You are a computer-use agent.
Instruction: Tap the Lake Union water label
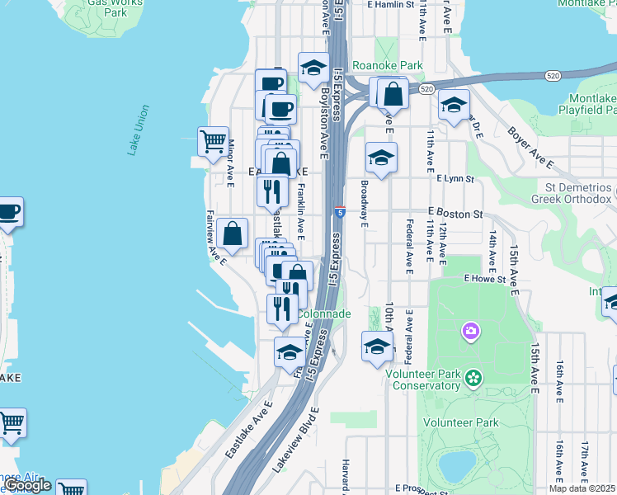point(139,130)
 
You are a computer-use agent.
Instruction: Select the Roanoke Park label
point(387,66)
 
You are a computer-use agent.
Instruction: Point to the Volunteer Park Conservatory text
point(422,379)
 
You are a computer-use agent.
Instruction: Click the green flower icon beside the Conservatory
point(473,378)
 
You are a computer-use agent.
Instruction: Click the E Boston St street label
point(455,213)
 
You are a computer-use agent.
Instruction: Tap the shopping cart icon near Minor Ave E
point(214,141)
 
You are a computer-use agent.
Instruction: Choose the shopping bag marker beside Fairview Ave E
point(233,234)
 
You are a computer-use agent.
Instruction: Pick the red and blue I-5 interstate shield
point(340,212)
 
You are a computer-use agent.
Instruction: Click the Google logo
point(27,485)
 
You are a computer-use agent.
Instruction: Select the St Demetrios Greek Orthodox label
point(577,193)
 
